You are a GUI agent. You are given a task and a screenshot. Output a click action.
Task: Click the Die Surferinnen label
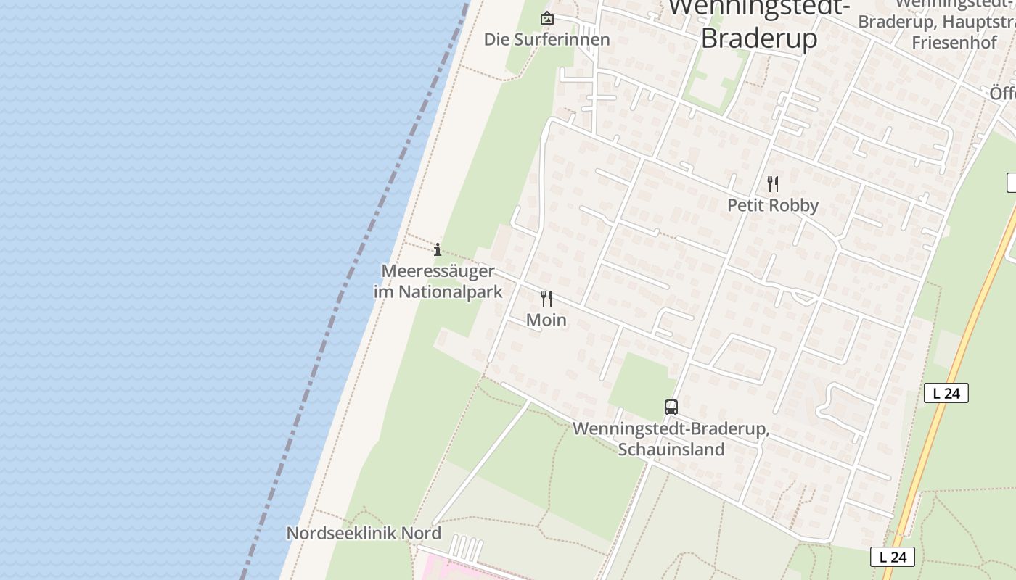tap(546, 40)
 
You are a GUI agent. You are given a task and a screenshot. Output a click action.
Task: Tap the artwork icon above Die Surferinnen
tap(546, 19)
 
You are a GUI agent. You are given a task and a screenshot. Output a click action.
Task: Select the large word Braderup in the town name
tap(759, 38)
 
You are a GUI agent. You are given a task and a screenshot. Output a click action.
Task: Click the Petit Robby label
tap(772, 206)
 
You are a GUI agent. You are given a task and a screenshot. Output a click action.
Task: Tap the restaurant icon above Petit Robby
tap(773, 184)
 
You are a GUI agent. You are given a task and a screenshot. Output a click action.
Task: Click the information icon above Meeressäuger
tap(438, 250)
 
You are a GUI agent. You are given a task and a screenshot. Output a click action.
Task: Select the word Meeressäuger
tap(438, 272)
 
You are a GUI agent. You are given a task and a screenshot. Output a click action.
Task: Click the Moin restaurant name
tap(546, 320)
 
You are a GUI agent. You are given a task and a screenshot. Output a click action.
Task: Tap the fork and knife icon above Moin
tap(546, 299)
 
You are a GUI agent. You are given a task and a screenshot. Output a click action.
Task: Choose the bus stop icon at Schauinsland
tap(671, 407)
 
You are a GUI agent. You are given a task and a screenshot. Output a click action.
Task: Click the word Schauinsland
tap(671, 449)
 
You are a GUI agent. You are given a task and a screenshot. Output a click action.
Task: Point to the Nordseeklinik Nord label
tap(364, 534)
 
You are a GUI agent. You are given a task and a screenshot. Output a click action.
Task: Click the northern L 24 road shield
tap(946, 394)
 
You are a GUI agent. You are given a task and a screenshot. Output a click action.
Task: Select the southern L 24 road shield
tap(892, 557)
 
